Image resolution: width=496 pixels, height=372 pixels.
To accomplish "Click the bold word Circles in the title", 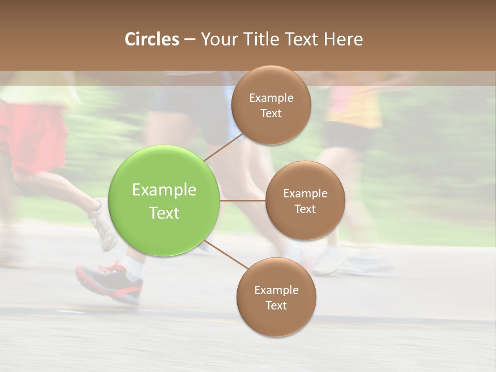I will [x=151, y=39].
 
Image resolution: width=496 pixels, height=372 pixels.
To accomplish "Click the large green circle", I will [x=164, y=200].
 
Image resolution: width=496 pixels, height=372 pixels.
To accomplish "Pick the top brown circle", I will [x=271, y=105].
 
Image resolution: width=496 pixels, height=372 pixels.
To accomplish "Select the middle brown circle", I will [x=305, y=200].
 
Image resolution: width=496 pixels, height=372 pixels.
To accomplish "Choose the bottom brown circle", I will [x=276, y=297].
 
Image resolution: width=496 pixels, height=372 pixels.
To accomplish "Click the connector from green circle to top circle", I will [x=223, y=148].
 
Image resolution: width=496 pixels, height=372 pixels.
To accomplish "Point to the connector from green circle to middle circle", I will [x=243, y=200].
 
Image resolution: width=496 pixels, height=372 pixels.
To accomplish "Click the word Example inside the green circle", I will [x=164, y=190].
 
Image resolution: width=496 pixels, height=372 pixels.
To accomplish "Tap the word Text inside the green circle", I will [x=164, y=212].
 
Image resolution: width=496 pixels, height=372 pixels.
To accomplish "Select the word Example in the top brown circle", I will [x=271, y=98].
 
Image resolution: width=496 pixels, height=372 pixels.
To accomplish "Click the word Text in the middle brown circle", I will [x=305, y=209].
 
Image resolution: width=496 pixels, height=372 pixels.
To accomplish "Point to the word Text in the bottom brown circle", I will [x=276, y=305].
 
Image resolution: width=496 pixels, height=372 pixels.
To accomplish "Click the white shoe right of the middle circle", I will [x=331, y=260].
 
